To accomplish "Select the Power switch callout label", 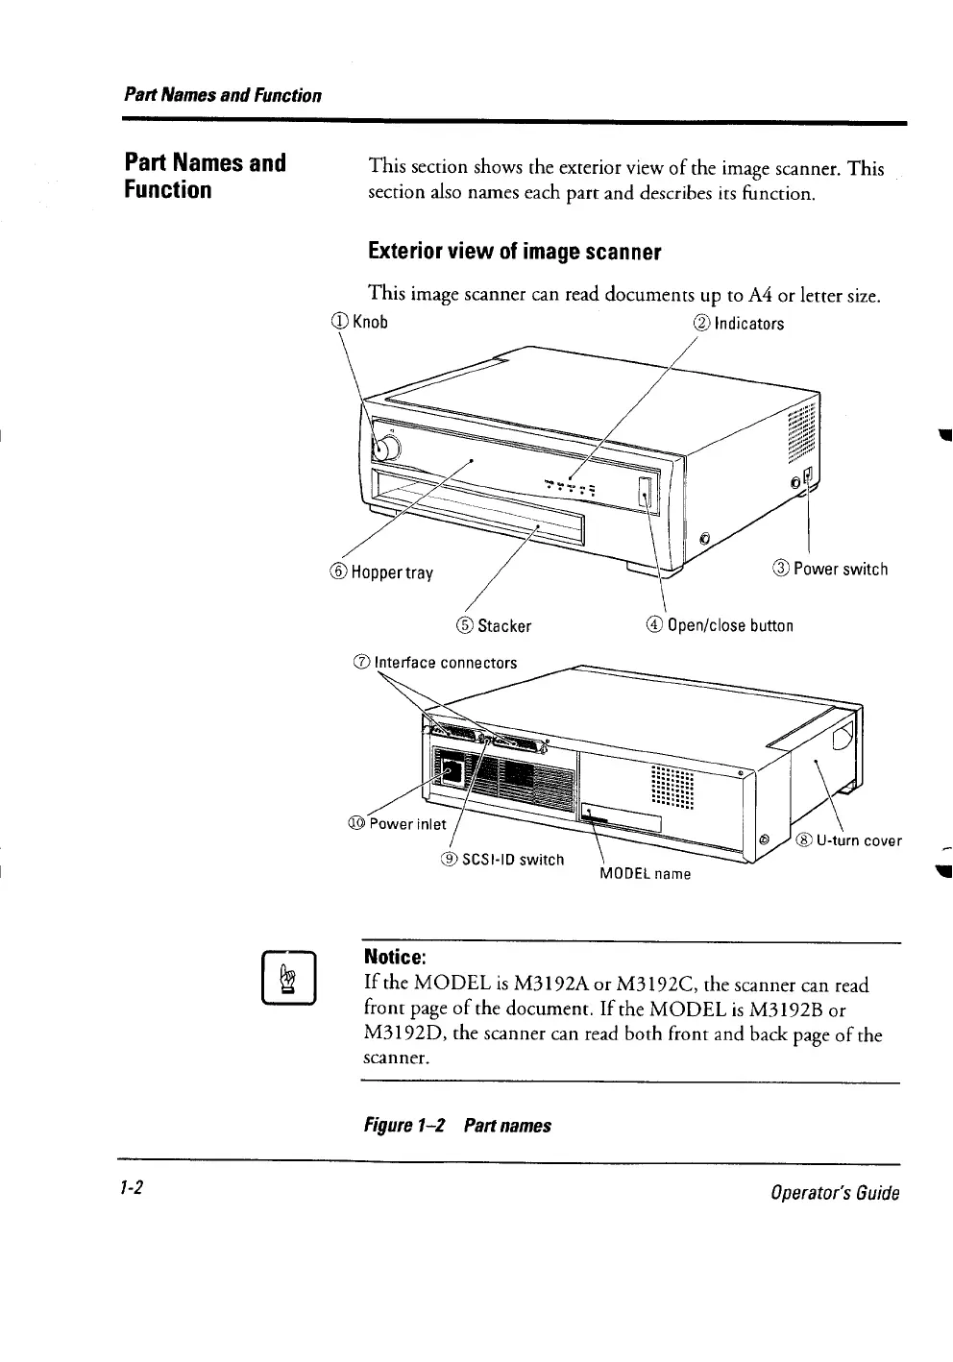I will (831, 569).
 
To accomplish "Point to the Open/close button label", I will (720, 626).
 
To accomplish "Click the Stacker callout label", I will (495, 626).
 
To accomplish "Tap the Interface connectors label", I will (435, 663).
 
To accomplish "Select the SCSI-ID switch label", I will (502, 859).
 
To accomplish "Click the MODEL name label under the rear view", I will (645, 874).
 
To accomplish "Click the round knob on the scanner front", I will (389, 449).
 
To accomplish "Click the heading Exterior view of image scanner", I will (515, 253).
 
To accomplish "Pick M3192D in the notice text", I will (405, 1034).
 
